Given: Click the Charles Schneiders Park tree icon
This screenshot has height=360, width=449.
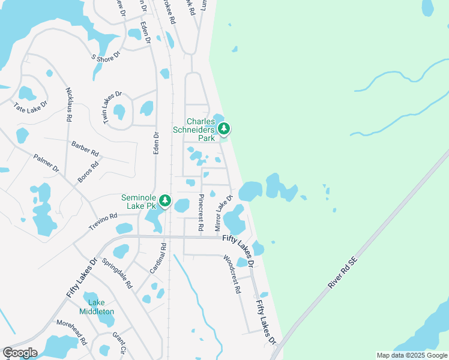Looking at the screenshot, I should [224, 128].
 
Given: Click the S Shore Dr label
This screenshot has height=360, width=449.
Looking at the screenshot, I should [106, 56].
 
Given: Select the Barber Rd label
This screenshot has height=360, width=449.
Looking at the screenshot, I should [85, 148].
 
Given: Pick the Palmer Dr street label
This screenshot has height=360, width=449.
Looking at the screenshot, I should [46, 164].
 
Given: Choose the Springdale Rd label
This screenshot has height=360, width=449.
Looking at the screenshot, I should [117, 273].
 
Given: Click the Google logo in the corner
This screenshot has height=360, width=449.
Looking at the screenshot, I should [20, 353].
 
